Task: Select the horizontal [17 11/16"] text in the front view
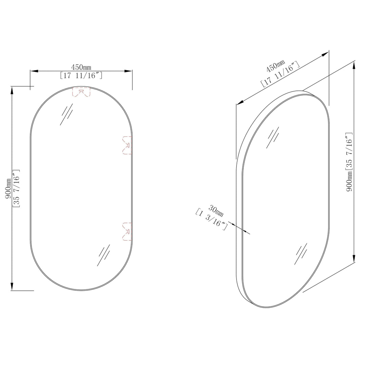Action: point(81,76)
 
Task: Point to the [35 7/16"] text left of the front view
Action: point(17,188)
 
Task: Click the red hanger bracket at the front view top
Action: point(81,92)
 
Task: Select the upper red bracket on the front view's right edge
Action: point(127,145)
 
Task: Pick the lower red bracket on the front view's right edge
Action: point(127,231)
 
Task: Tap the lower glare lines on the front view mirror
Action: point(103,255)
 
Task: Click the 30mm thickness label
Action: point(216,211)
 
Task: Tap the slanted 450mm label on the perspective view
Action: point(276,66)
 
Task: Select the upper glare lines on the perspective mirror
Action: point(273,137)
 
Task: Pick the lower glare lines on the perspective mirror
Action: point(301,253)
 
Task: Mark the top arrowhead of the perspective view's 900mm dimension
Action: point(354,65)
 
